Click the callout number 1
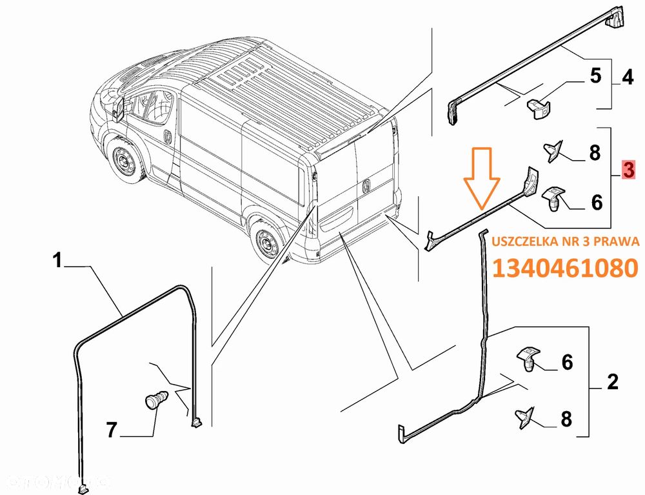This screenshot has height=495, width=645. (x=57, y=261)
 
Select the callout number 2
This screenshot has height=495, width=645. (x=612, y=382)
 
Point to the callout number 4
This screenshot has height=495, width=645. (x=627, y=77)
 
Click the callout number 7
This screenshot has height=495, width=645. (x=112, y=429)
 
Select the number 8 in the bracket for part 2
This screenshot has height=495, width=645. (x=566, y=419)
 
